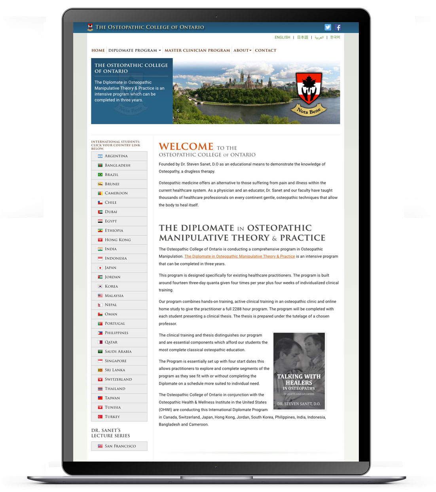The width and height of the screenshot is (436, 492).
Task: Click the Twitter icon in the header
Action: [328, 27]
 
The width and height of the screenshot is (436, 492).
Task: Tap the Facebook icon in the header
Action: [337, 27]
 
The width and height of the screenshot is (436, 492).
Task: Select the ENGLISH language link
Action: [282, 38]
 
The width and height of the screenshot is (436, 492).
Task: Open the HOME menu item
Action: [98, 51]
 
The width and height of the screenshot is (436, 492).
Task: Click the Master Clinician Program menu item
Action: [197, 51]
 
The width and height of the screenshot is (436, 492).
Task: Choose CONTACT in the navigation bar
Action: [265, 51]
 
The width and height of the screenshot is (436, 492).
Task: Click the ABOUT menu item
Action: [242, 51]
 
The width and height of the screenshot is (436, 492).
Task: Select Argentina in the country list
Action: [119, 156]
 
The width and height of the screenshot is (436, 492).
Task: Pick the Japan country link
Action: [119, 268]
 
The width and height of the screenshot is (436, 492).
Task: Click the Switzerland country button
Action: [119, 379]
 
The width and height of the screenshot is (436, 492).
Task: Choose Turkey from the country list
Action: [119, 417]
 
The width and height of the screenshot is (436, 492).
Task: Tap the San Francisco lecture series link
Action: [119, 446]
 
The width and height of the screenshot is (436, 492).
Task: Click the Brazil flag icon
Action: [100, 175]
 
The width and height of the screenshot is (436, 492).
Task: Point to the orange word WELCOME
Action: [186, 146]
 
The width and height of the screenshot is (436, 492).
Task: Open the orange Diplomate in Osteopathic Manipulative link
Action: [239, 257]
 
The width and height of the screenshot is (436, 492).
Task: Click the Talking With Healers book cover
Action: [299, 371]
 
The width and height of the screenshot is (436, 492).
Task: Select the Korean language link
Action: [335, 38]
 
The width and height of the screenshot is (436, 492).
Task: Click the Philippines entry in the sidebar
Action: [119, 333]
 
